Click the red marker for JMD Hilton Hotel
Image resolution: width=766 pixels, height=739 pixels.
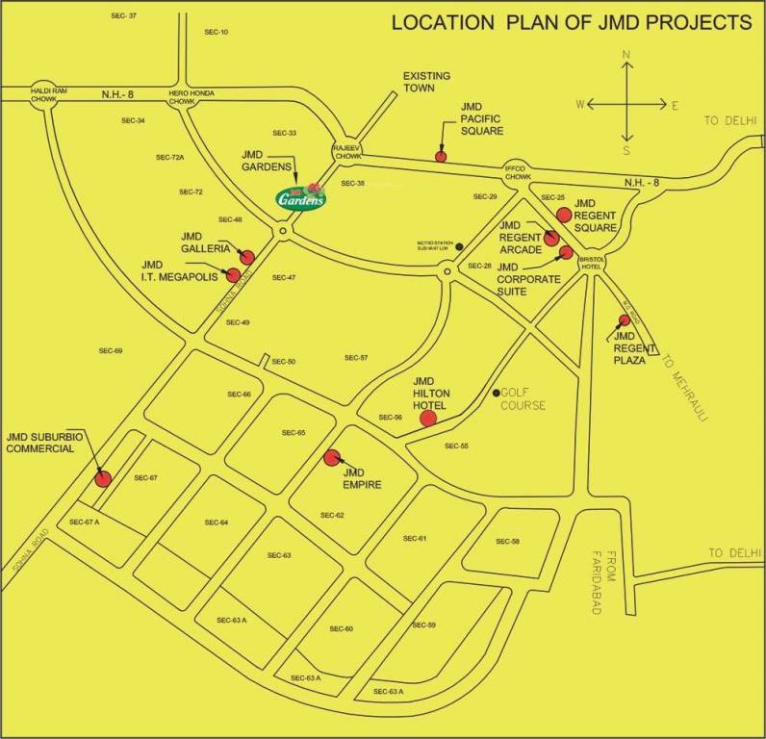pyautogui.click(x=428, y=418)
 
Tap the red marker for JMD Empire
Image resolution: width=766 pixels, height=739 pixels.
pyautogui.click(x=333, y=458)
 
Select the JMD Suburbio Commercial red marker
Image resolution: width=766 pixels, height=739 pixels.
pyautogui.click(x=102, y=478)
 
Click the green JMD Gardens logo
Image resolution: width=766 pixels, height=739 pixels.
pyautogui.click(x=301, y=197)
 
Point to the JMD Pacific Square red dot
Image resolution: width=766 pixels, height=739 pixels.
pyautogui.click(x=442, y=156)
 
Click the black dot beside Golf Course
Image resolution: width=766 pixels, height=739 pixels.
pyautogui.click(x=497, y=393)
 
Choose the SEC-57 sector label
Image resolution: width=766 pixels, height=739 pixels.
pyautogui.click(x=356, y=358)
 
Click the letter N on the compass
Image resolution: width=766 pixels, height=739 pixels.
pyautogui.click(x=626, y=56)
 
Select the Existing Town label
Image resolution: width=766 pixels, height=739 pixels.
pyautogui.click(x=426, y=82)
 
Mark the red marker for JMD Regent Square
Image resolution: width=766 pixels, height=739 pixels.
pyautogui.click(x=565, y=215)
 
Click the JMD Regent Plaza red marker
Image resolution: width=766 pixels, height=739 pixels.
pyautogui.click(x=625, y=319)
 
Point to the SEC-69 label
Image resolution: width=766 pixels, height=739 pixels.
pyautogui.click(x=112, y=351)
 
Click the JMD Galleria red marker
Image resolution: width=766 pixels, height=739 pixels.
pyautogui.click(x=247, y=257)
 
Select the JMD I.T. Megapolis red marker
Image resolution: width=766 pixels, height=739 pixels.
pyautogui.click(x=233, y=275)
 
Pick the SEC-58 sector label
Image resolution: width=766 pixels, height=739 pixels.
pyautogui.click(x=507, y=543)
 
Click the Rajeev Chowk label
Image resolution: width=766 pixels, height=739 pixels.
pyautogui.click(x=345, y=151)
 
